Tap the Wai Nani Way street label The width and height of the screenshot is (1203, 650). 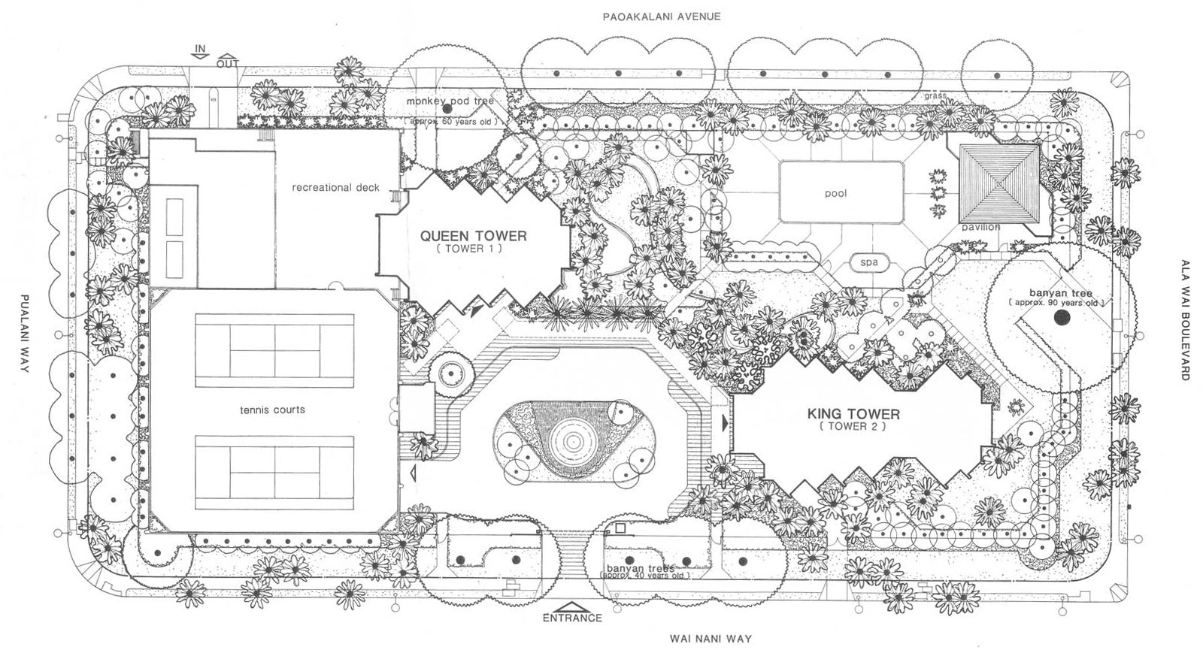[x=711, y=638]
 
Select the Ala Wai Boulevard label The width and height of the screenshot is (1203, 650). [x=1185, y=320]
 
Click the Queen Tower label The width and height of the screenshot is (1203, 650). [x=474, y=236]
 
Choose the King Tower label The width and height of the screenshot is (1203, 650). [x=853, y=413]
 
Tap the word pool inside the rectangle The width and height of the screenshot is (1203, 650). [x=835, y=193]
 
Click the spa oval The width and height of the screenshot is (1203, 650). [x=869, y=263]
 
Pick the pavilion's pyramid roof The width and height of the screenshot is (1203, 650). [x=999, y=182]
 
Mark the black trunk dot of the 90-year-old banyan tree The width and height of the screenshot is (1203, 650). [x=1062, y=319]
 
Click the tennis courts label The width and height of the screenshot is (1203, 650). [x=272, y=410]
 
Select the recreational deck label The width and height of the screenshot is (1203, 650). [x=336, y=187]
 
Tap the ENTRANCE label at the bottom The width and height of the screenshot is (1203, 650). [x=573, y=617]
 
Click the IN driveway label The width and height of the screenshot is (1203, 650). [x=200, y=50]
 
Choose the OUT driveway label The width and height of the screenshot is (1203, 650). [x=227, y=63]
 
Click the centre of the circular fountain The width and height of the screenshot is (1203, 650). [x=569, y=440]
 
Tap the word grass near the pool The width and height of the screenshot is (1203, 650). [x=935, y=96]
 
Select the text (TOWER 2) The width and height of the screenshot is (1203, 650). [x=853, y=426]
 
